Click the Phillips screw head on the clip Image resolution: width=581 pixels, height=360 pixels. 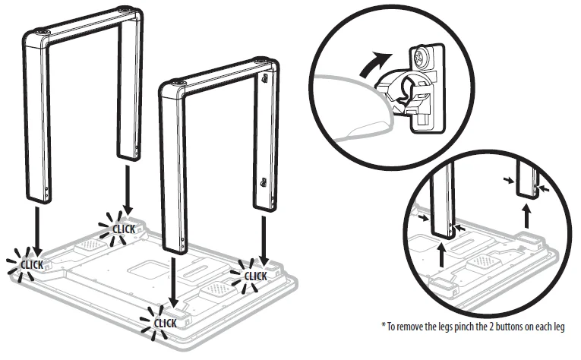pyautogui.click(x=422, y=58)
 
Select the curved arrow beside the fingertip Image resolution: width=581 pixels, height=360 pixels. pyautogui.click(x=375, y=63)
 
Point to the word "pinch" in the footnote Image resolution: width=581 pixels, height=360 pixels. pyautogui.click(x=472, y=327)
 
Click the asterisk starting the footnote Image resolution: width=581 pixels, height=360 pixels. pyautogui.click(x=383, y=325)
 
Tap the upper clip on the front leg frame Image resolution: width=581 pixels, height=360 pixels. pyautogui.click(x=265, y=77)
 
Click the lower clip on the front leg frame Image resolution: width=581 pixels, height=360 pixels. pyautogui.click(x=264, y=182)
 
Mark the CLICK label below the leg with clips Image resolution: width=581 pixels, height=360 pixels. pyautogui.click(x=255, y=276)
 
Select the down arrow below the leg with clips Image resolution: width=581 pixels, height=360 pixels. pyautogui.click(x=264, y=241)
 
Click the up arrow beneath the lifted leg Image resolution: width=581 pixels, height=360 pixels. pyautogui.click(x=527, y=217)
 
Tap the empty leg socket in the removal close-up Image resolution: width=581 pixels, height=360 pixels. pyautogui.click(x=531, y=238)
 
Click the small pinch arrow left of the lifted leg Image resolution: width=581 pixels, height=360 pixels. pyautogui.click(x=509, y=180)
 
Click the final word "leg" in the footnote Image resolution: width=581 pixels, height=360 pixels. pyautogui.click(x=558, y=328)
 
